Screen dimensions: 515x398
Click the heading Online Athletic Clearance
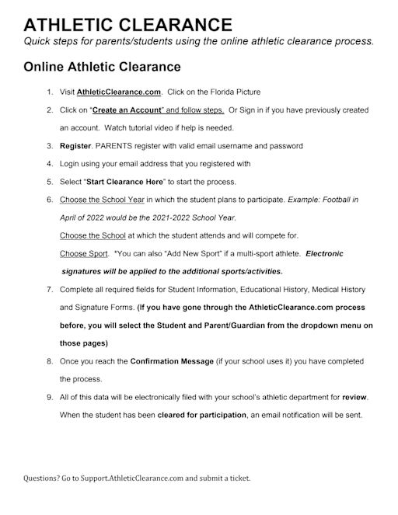tap(102, 67)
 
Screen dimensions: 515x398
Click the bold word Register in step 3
tap(75, 146)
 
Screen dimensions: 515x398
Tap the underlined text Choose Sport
tap(82, 253)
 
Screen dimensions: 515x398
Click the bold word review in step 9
tap(354, 398)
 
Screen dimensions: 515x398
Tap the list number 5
tap(50, 181)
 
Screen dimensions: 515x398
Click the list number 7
tap(50, 290)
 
